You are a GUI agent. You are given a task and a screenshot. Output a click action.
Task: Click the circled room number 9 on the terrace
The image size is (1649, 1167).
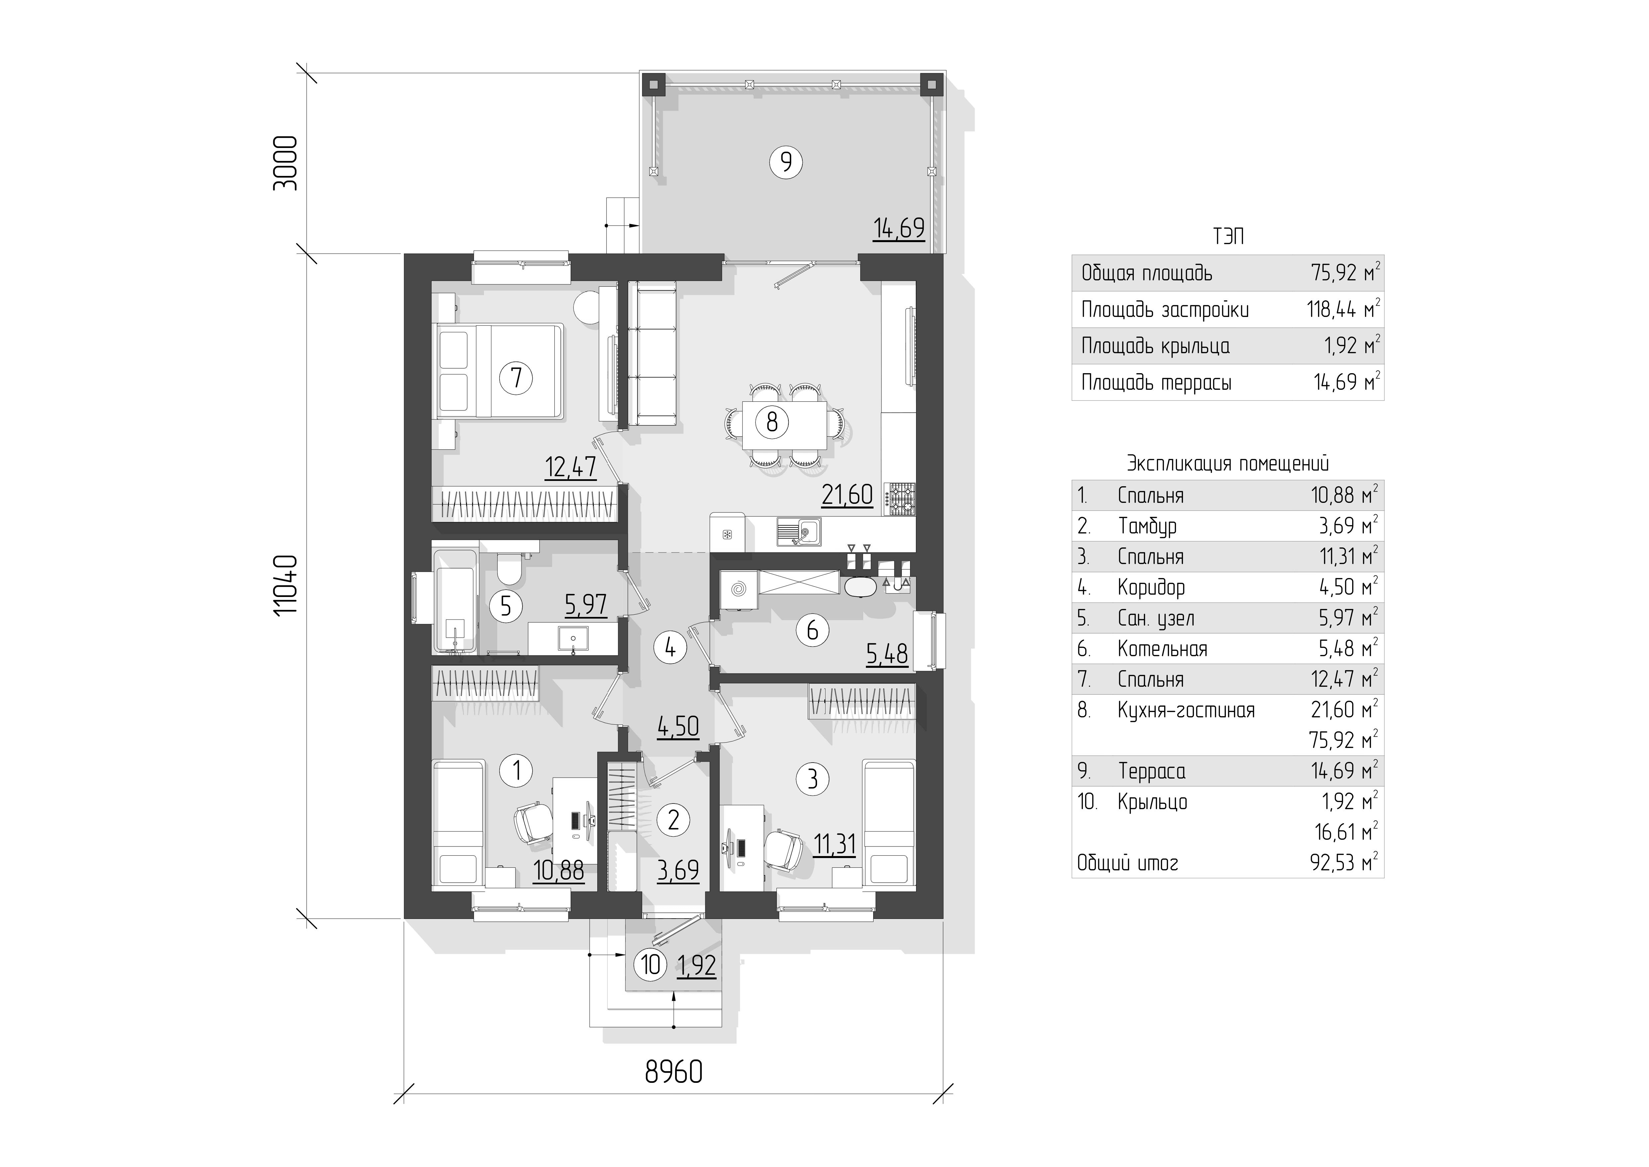[x=786, y=162]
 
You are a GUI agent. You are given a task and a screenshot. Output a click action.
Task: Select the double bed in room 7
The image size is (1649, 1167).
[x=499, y=370]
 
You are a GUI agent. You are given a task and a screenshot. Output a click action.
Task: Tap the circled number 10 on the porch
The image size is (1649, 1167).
[x=651, y=964]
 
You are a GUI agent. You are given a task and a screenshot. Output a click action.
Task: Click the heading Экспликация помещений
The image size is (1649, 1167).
[x=1228, y=464]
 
